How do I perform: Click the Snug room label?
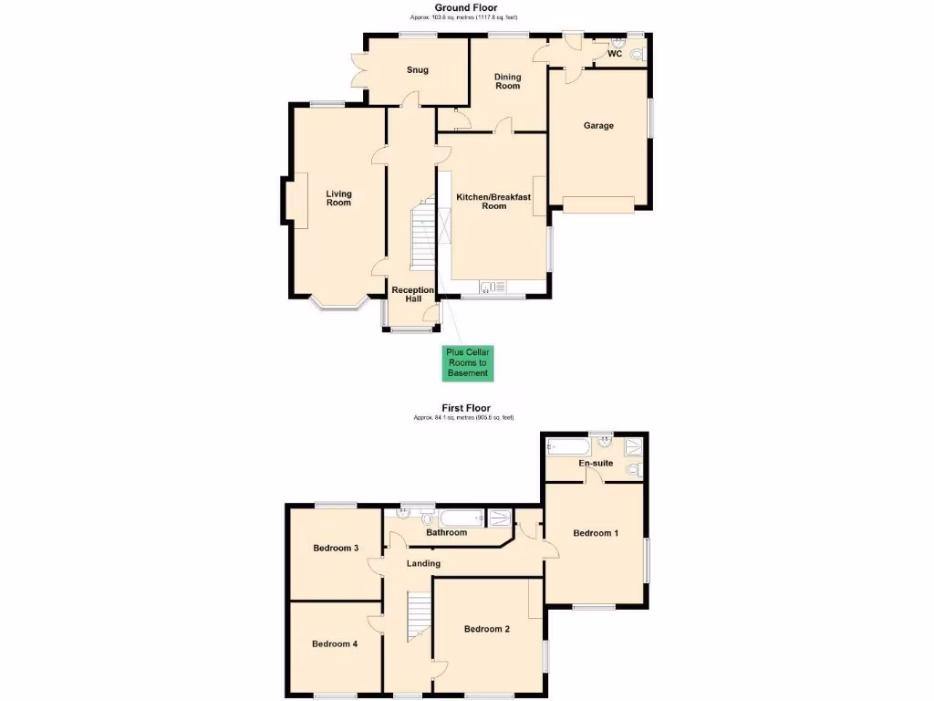click(x=417, y=70)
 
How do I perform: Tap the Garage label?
click(x=598, y=126)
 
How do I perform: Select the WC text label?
click(x=615, y=54)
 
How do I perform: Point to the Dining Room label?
click(x=507, y=81)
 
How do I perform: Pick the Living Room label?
click(x=338, y=198)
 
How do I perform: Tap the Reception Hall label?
click(x=412, y=295)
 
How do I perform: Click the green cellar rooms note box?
click(x=467, y=362)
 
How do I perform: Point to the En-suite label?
click(x=596, y=464)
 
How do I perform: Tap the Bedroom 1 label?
click(x=596, y=533)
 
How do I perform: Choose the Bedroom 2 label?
click(x=486, y=629)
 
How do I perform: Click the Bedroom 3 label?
click(x=336, y=549)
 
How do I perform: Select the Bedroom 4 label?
click(x=335, y=643)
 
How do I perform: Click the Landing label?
click(x=423, y=564)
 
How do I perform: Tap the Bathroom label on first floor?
click(x=446, y=533)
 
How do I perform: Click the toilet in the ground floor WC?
click(x=637, y=55)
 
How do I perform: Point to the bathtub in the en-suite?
click(x=567, y=446)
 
